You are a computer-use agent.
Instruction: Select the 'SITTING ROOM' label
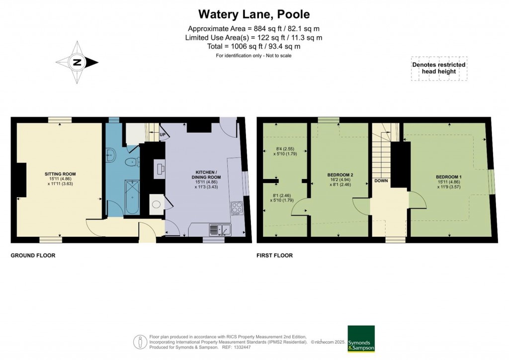(60, 174)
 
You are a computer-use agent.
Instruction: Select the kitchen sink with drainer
(219, 230)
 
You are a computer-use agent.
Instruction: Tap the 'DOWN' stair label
(381, 180)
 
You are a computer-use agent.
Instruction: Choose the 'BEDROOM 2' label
(340, 175)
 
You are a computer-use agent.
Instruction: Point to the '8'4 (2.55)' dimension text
(285, 148)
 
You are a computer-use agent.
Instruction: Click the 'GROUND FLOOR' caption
(33, 256)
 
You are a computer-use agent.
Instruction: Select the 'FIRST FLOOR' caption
(274, 256)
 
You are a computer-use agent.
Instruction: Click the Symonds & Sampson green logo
(361, 339)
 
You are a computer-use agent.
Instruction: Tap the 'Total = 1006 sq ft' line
(254, 46)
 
